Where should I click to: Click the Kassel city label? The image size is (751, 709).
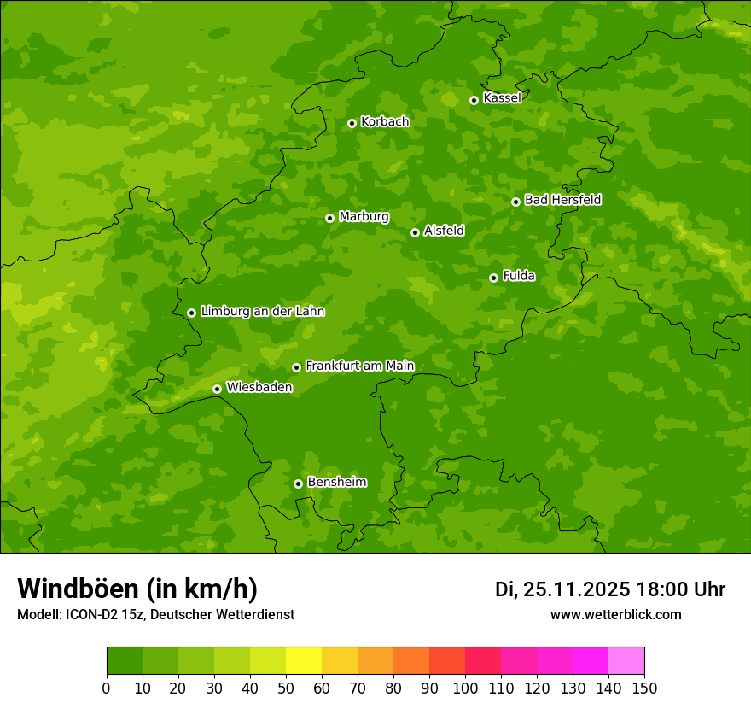click(x=502, y=98)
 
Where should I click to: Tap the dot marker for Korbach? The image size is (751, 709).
click(x=352, y=123)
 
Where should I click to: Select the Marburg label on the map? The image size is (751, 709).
click(x=364, y=217)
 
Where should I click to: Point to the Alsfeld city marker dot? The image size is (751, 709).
click(x=415, y=232)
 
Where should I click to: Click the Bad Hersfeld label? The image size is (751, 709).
click(x=562, y=200)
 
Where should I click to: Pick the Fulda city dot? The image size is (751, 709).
click(x=493, y=278)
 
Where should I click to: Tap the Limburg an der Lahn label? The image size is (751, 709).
click(x=262, y=312)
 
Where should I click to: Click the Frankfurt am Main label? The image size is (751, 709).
click(x=359, y=366)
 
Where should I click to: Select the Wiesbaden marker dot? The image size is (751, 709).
click(x=217, y=389)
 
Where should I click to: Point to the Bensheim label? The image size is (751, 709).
click(x=336, y=482)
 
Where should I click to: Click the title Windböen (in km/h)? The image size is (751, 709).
click(x=137, y=589)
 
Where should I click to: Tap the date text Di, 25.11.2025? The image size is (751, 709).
click(x=562, y=589)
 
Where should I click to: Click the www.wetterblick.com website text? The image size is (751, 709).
click(x=615, y=614)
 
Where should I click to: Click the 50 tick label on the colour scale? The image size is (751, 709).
click(x=286, y=688)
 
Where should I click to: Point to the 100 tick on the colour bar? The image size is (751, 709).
click(x=465, y=688)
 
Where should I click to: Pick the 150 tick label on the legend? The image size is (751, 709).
click(x=644, y=688)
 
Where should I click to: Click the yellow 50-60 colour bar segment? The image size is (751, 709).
click(x=304, y=660)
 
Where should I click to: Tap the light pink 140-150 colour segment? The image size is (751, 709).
click(x=626, y=660)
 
